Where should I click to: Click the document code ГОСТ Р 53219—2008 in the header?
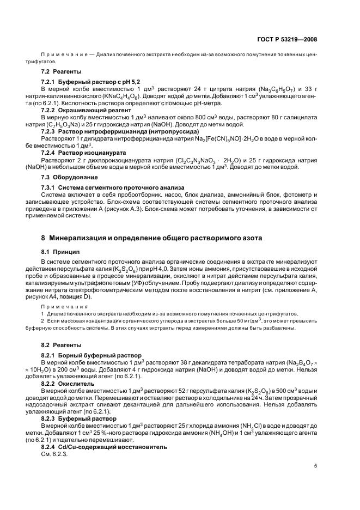coord(288,40)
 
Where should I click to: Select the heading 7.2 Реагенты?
coord(62,72)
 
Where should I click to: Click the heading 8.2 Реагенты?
coord(62,345)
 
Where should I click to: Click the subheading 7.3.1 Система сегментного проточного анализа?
coord(113,187)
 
